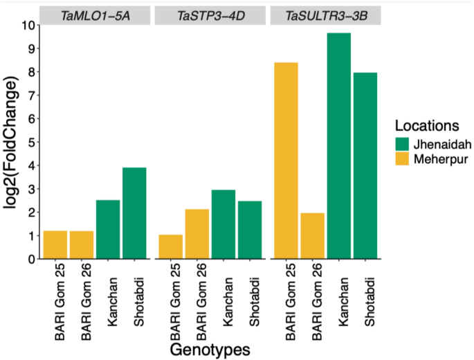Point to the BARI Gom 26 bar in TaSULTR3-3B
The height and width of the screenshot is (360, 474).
pyautogui.click(x=313, y=236)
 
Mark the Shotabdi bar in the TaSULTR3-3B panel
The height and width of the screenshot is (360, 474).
pyautogui.click(x=365, y=165)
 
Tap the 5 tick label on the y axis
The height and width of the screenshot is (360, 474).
pyautogui.click(x=30, y=142)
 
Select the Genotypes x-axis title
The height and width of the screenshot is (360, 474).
pyautogui.click(x=210, y=348)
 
